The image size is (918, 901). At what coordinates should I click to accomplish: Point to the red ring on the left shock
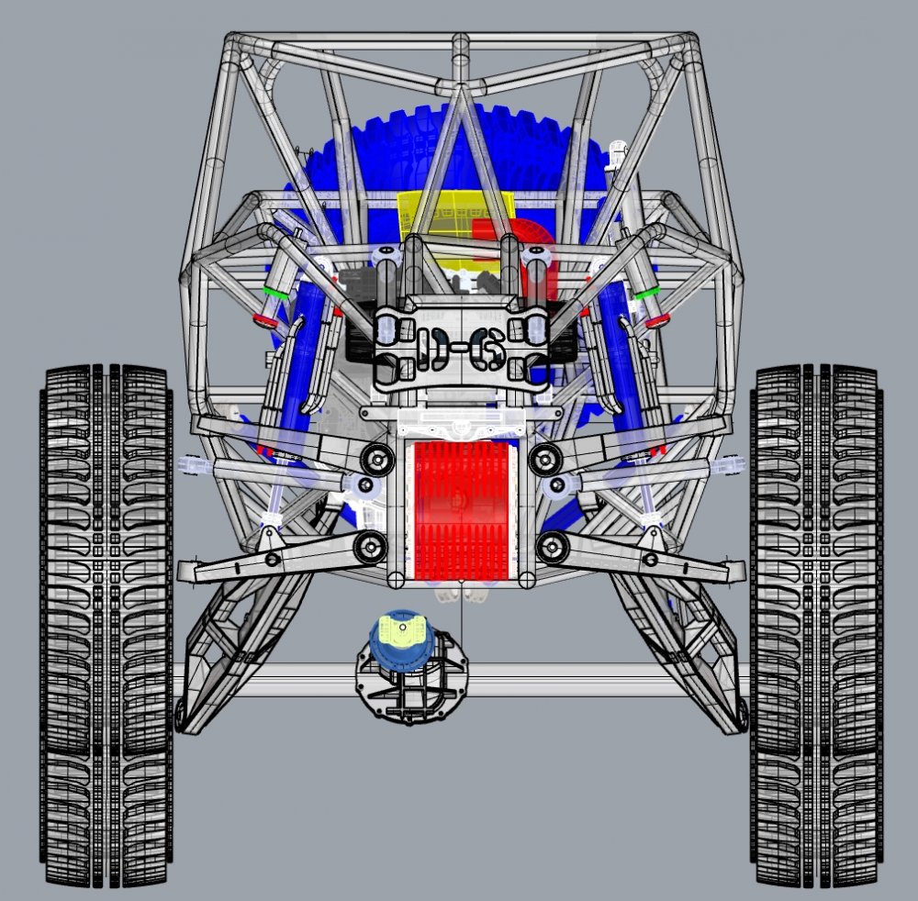point(265,321)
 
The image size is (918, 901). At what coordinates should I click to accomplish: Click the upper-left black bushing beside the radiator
point(375,457)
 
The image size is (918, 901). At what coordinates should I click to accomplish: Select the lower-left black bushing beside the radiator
point(371,547)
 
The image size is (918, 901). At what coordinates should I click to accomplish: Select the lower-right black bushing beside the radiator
point(551,547)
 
